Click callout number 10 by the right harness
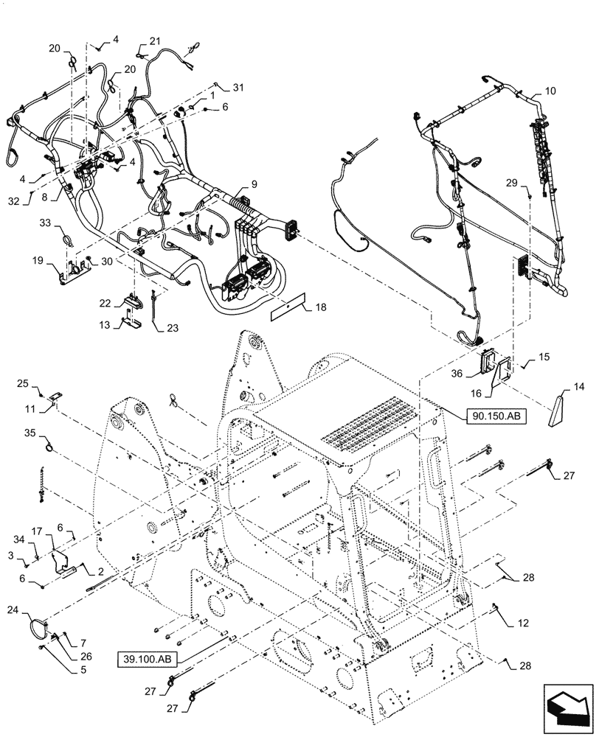[x=550, y=92]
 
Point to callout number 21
[x=154, y=41]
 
